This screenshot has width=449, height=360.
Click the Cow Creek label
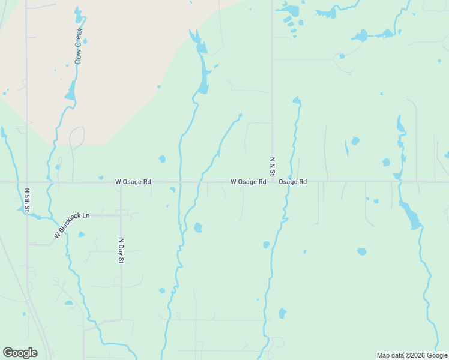[x=78, y=46]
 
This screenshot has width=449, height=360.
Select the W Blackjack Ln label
[x=71, y=224]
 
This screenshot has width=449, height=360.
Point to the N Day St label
[x=121, y=251]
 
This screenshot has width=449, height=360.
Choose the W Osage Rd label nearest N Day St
[x=133, y=181]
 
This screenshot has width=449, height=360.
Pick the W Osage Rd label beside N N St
[x=248, y=181]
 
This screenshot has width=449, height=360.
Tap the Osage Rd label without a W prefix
[x=293, y=181]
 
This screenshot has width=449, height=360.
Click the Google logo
[x=20, y=353]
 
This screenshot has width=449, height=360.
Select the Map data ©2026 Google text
[x=411, y=355]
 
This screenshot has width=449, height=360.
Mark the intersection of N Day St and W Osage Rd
[x=121, y=181]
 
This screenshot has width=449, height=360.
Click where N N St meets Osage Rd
[x=272, y=181]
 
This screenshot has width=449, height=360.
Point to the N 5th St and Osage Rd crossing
[x=26, y=181]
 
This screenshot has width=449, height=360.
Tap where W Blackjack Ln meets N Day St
[x=121, y=214]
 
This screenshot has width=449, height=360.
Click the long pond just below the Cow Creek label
[x=71, y=91]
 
